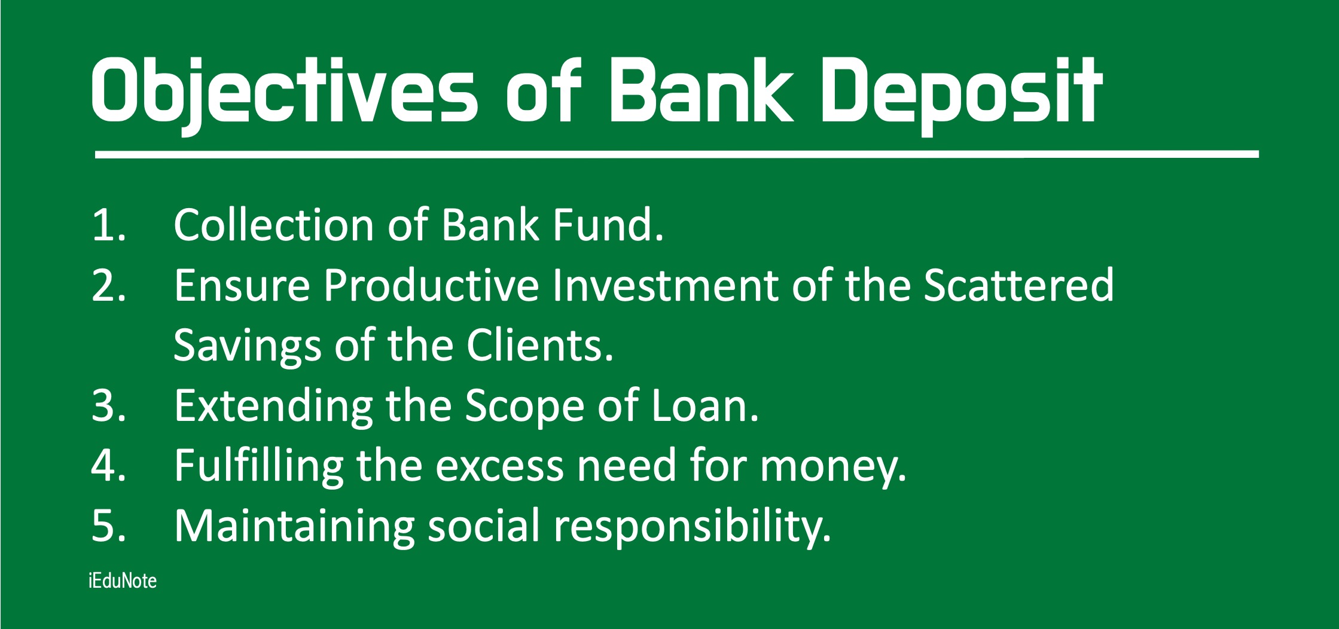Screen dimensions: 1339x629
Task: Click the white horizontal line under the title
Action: click(676, 154)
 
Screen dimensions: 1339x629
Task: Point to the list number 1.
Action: click(109, 225)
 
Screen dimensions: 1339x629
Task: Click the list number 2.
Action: click(109, 286)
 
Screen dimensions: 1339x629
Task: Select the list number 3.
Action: click(109, 406)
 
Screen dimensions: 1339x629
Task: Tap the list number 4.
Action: click(109, 466)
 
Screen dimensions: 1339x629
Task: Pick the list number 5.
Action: click(109, 526)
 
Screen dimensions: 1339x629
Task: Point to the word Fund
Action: click(608, 225)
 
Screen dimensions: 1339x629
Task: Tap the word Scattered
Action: click(1018, 285)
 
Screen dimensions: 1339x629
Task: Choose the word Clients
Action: click(540, 345)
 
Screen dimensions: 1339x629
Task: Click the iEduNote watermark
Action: click(123, 581)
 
